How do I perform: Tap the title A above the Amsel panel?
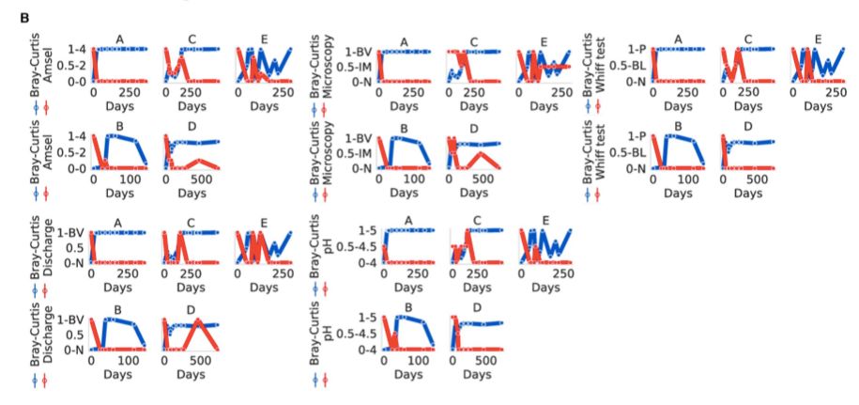pos(119,39)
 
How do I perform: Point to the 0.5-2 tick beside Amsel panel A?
pos(71,66)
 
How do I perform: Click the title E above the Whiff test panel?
pos(819,39)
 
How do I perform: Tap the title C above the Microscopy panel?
pos(474,41)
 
